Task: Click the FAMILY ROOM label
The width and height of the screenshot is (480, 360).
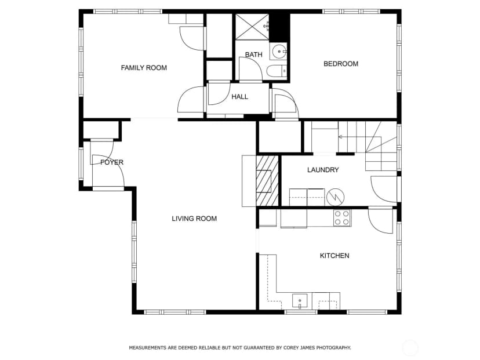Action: click(144, 68)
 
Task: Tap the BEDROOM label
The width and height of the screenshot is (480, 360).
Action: click(341, 64)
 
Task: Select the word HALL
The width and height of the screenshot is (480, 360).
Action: click(239, 97)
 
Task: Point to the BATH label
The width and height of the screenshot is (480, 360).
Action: click(254, 54)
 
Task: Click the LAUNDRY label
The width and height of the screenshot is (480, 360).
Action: click(323, 170)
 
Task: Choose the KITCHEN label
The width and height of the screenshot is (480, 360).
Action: click(334, 256)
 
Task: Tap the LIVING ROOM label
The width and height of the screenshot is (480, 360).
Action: click(194, 219)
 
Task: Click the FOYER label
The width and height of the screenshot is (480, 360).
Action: click(112, 162)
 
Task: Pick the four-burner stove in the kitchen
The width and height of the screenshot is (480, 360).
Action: click(342, 217)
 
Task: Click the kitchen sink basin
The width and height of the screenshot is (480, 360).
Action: click(300, 301)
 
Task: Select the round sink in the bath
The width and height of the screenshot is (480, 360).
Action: click(279, 52)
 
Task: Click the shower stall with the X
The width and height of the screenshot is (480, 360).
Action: click(252, 27)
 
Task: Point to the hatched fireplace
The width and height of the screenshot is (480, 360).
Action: click(267, 181)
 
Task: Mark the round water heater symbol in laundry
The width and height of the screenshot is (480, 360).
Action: click(335, 197)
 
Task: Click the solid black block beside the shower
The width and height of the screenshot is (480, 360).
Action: click(279, 28)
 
